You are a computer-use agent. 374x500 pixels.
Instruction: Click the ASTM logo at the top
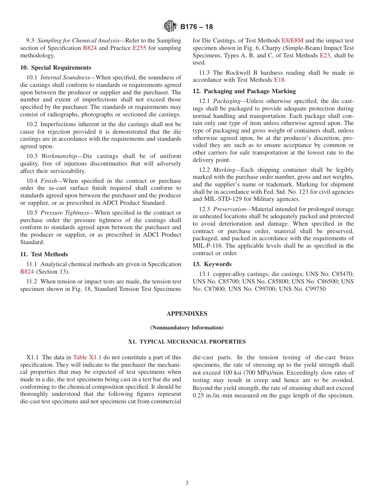[170, 27]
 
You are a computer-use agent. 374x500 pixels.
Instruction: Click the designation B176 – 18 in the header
[196, 27]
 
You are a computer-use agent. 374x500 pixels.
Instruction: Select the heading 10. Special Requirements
[56, 68]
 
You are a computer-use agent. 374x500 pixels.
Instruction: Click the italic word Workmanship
[59, 156]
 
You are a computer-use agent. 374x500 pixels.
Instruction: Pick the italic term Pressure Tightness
[65, 213]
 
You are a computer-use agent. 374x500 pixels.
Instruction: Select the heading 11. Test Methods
[44, 254]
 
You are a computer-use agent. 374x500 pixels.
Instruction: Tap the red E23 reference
[325, 55]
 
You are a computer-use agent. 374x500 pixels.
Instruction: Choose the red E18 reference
[279, 80]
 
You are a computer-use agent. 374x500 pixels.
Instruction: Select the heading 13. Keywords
[212, 264]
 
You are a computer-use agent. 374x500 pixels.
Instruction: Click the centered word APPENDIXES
[187, 314]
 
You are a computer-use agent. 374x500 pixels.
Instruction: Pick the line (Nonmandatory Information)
[187, 327]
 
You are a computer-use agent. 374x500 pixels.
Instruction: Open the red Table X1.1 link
[87, 357]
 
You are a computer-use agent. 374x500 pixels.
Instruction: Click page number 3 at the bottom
[187, 483]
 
